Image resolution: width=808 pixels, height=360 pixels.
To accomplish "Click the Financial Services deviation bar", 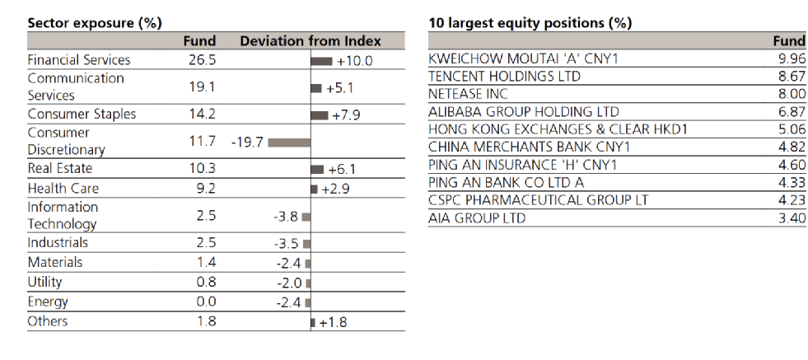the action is click(321, 61).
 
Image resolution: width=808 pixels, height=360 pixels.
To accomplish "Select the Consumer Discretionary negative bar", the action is click(289, 143).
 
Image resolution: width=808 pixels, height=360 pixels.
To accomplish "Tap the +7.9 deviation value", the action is click(346, 115).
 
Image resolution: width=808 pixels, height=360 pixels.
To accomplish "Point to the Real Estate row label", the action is click(60, 169).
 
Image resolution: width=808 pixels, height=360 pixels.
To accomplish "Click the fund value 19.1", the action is click(203, 87).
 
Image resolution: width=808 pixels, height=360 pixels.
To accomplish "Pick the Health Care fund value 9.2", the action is click(206, 189).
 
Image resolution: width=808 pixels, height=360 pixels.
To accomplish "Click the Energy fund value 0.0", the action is click(206, 302).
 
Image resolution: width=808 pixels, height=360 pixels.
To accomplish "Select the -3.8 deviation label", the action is click(286, 217).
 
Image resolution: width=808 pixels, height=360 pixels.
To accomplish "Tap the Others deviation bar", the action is click(313, 323).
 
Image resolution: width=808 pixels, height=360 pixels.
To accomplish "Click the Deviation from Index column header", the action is click(311, 41).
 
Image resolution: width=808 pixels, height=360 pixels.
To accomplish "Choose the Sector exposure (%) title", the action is click(94, 23).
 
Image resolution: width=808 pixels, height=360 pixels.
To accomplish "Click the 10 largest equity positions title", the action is click(530, 23).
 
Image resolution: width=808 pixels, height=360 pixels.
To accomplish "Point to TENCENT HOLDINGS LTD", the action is click(504, 77).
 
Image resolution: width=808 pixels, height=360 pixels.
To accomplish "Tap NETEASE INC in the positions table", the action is click(468, 94).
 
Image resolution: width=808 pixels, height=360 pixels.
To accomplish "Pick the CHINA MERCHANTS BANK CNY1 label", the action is click(530, 147).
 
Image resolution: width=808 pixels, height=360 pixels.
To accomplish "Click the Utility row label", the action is click(44, 282).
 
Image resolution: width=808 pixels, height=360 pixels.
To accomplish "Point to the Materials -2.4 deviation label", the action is click(288, 264).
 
